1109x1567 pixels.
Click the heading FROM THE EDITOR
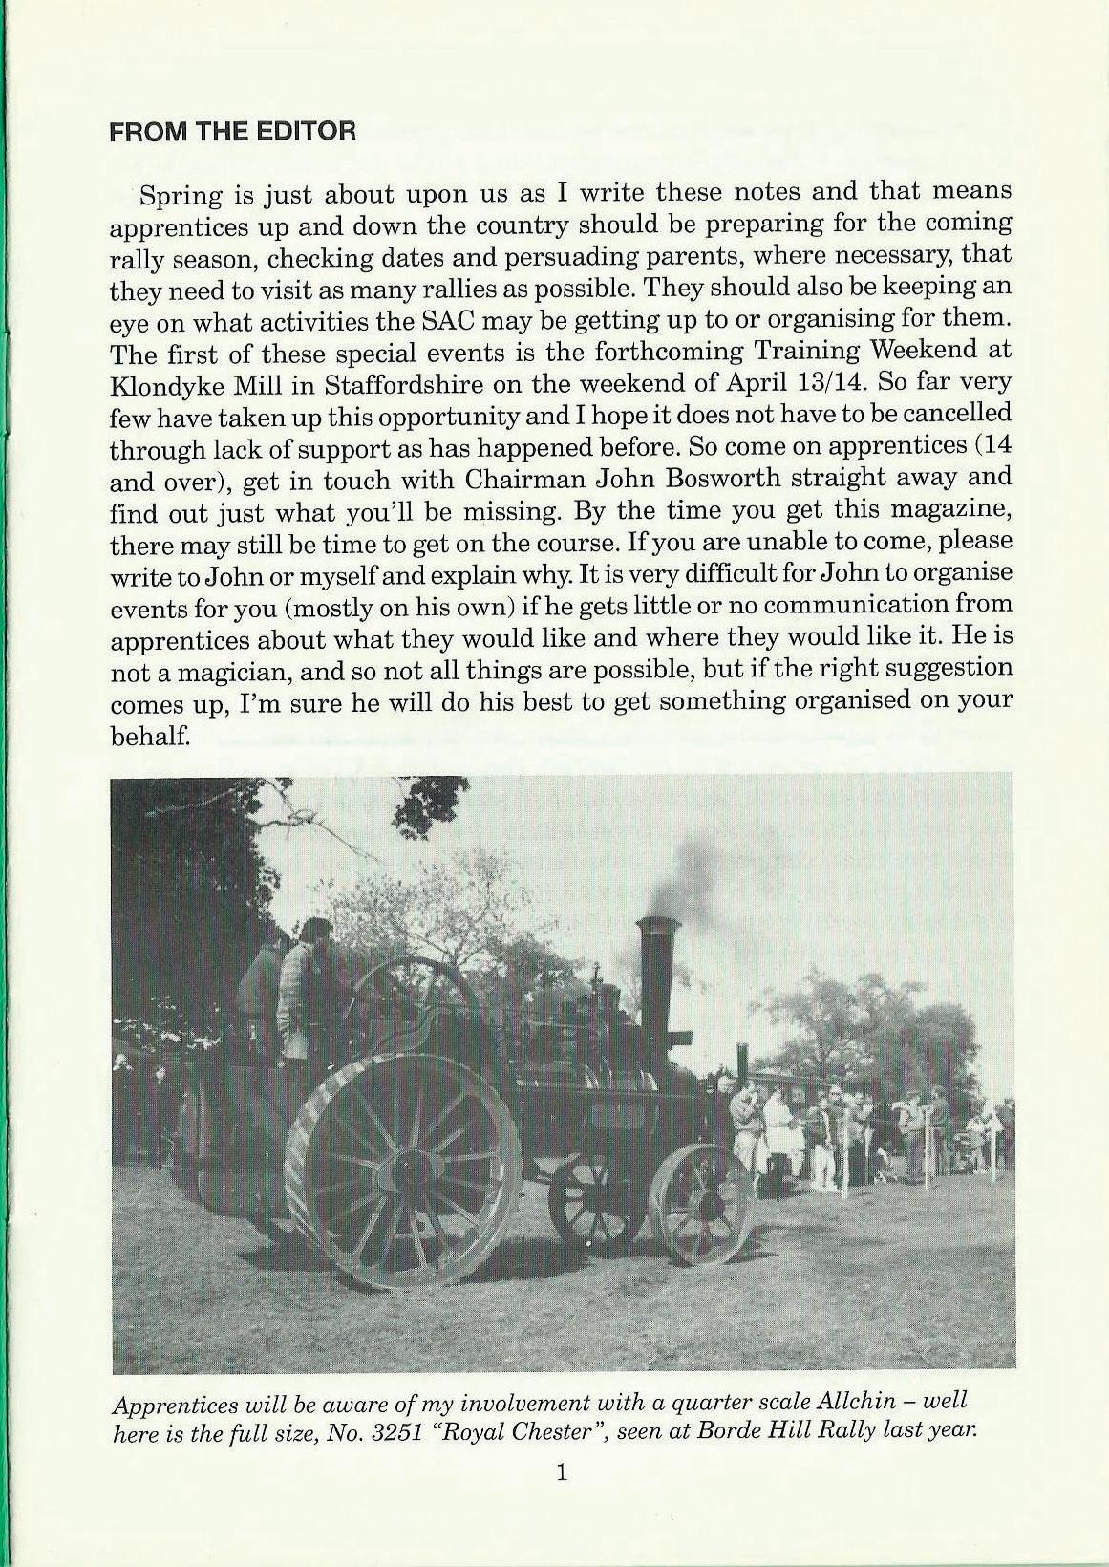pos(232,131)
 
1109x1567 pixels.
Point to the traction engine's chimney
pos(656,984)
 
